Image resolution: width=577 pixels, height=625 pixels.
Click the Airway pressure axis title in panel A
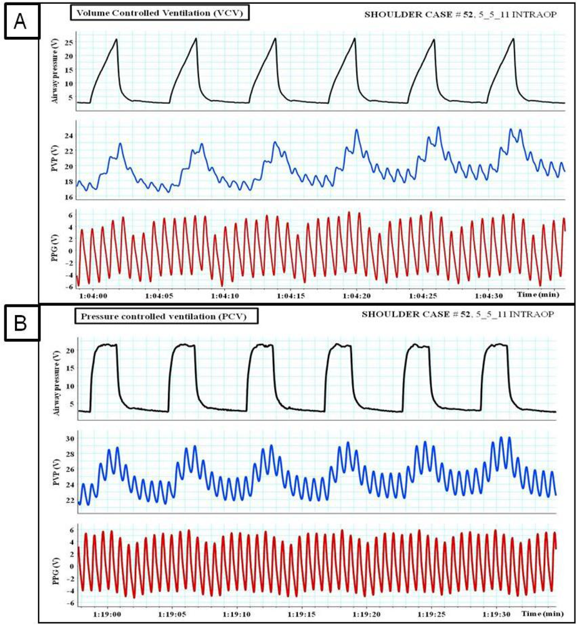coord(59,70)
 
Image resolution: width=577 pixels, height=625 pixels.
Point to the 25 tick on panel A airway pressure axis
coord(69,42)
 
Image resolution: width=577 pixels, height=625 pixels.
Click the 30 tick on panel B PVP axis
coord(69,438)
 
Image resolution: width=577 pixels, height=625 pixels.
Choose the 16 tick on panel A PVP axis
coord(69,197)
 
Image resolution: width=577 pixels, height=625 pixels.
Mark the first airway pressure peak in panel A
coord(116,39)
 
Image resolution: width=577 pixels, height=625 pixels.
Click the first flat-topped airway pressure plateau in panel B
coord(105,344)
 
